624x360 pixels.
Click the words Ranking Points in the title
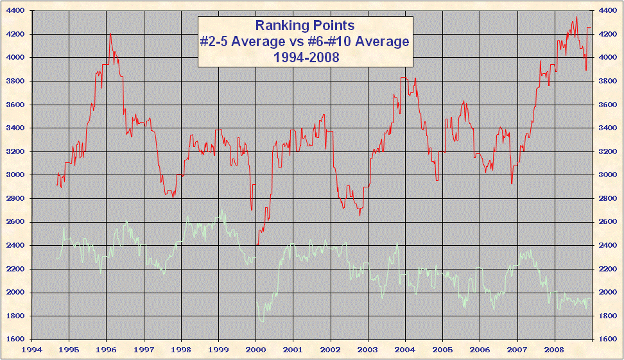coord(304,26)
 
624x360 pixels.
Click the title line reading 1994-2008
coord(304,56)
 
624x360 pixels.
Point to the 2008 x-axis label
coord(554,350)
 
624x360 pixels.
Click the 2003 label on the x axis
coord(368,350)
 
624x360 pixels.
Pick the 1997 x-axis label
coord(144,350)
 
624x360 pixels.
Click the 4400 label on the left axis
coord(15,11)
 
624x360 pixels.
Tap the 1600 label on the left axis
coord(15,339)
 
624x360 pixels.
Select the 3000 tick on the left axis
coord(15,175)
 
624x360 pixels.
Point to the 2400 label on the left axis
coord(15,246)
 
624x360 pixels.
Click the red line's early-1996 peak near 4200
coord(110,34)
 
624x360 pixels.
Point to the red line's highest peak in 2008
coord(576,17)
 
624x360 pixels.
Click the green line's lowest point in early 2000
coord(261,320)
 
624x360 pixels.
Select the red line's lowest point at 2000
coord(257,244)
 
